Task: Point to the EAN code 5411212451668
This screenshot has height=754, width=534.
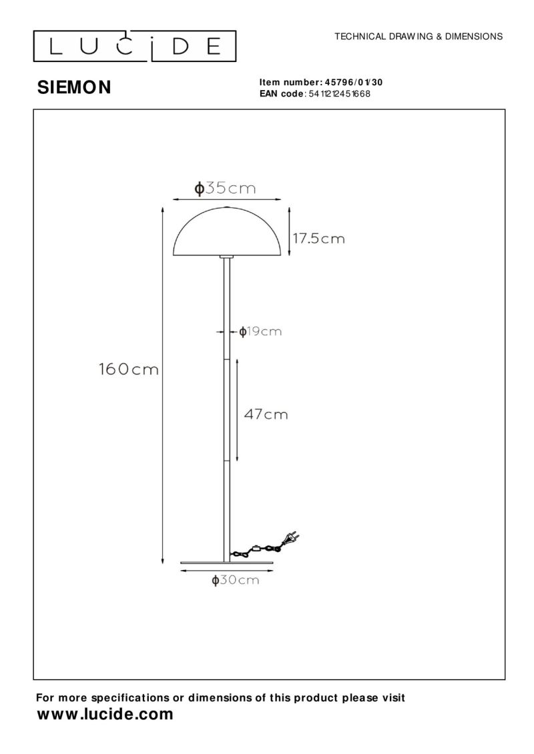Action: (338, 94)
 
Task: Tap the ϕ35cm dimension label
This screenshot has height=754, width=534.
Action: (225, 189)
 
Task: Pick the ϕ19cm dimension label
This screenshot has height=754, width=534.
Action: (260, 331)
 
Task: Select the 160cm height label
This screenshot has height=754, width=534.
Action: (129, 369)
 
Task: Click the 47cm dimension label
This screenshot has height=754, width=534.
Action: (266, 415)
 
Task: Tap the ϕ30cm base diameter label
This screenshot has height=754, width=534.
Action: (235, 581)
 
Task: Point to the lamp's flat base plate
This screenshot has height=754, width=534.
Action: (228, 563)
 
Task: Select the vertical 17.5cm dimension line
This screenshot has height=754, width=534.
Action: (288, 231)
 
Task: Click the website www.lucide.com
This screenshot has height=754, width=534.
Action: (104, 715)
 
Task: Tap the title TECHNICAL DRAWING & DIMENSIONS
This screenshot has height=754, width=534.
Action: (419, 37)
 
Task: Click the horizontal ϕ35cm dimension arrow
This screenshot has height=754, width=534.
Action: (227, 198)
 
